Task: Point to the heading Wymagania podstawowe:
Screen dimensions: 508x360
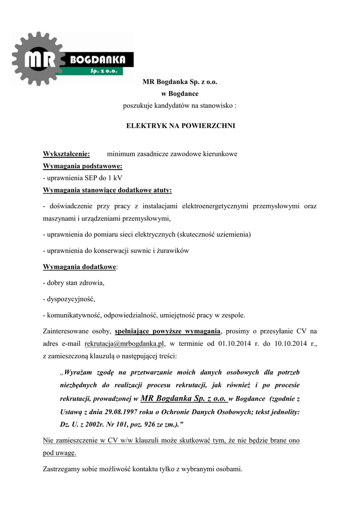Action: tap(82, 166)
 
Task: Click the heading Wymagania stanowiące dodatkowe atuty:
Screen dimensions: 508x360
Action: tap(107, 190)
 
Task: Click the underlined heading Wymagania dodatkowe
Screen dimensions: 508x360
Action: tap(79, 267)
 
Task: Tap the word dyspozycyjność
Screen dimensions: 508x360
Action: tap(70, 299)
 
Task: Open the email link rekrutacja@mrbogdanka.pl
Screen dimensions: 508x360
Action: tap(125, 343)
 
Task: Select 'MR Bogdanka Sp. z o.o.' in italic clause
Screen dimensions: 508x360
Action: tap(184, 398)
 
